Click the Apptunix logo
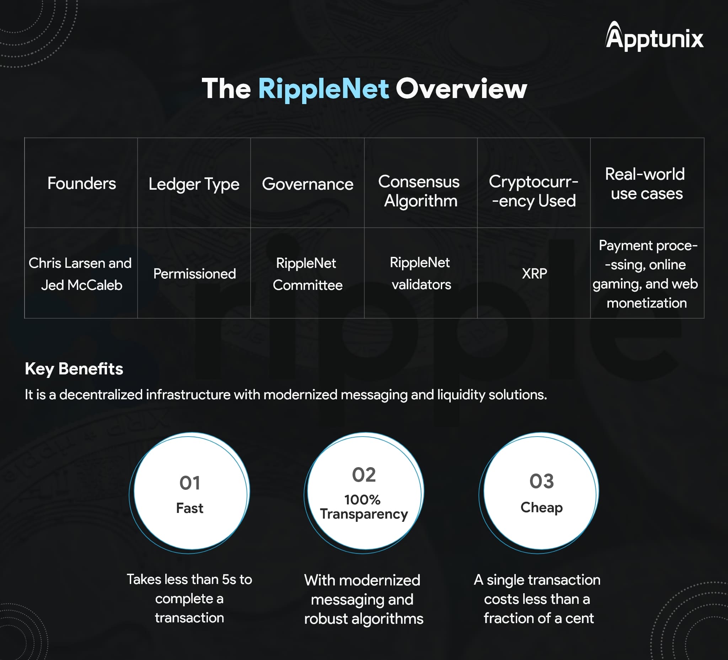(x=654, y=36)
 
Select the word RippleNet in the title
(x=323, y=89)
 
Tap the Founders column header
(x=82, y=183)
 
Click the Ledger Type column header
(x=194, y=184)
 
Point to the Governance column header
(x=308, y=184)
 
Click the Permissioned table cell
(x=194, y=274)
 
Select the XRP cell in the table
(x=534, y=274)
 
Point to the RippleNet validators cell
(x=421, y=274)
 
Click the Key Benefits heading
(x=74, y=369)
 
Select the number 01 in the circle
(x=190, y=483)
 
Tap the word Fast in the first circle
(x=189, y=508)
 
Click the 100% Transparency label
(x=364, y=507)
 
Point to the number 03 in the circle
(x=542, y=481)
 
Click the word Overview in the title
(x=461, y=89)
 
